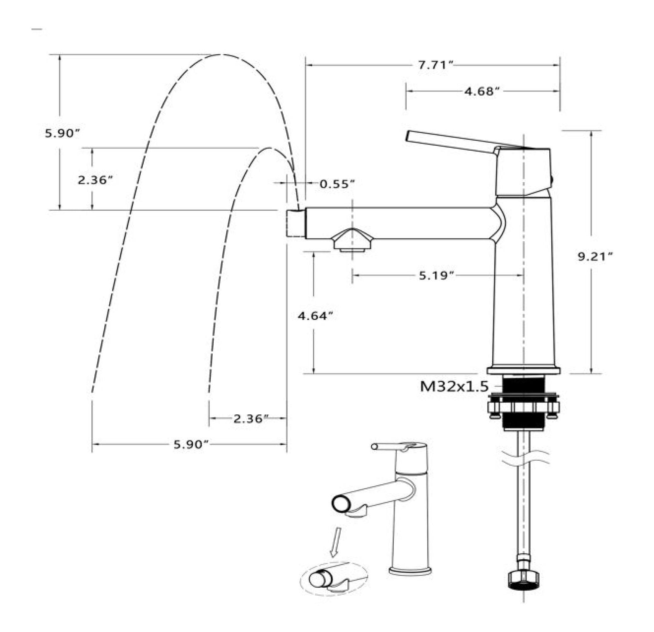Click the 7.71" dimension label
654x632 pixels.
(x=433, y=65)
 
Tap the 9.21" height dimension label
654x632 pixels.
(x=595, y=256)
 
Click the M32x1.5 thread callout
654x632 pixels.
(x=454, y=386)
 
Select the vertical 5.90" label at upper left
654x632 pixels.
(x=62, y=133)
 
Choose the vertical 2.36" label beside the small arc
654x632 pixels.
(x=95, y=180)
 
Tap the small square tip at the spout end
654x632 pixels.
(x=296, y=223)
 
